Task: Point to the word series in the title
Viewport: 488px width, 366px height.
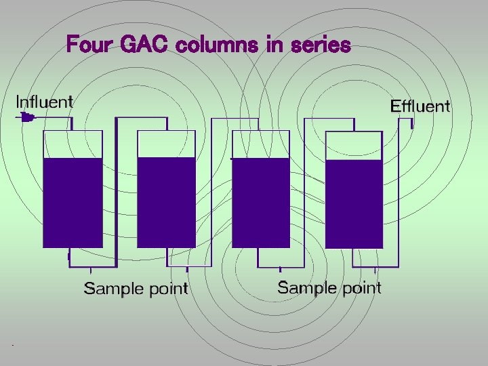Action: tap(320, 45)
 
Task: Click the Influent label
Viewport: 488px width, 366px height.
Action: tap(45, 102)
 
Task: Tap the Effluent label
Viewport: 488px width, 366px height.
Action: tap(420, 106)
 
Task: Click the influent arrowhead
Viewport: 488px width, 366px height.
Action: tap(27, 118)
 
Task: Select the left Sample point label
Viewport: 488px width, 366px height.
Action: tap(136, 289)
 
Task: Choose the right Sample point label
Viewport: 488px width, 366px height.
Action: tap(329, 287)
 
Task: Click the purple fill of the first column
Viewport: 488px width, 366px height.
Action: tap(73, 202)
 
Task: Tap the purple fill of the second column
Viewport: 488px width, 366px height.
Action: tap(167, 202)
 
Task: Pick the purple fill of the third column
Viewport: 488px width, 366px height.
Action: tap(261, 202)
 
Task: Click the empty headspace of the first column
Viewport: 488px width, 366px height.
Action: tap(73, 144)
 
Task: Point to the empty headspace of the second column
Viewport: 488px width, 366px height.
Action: tap(167, 144)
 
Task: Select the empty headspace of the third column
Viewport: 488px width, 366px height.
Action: tap(261, 144)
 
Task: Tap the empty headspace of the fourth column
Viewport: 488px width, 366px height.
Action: tap(354, 145)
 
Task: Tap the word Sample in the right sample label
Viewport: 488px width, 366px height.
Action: tap(306, 287)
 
